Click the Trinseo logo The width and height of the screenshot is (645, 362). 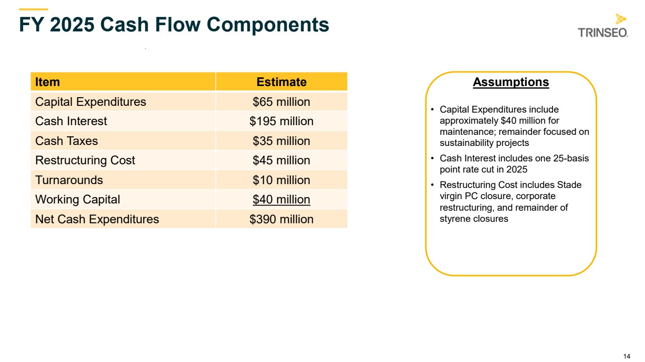click(603, 26)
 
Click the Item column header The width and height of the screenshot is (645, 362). click(47, 82)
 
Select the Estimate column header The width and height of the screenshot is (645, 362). click(281, 82)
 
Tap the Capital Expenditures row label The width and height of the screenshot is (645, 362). click(90, 102)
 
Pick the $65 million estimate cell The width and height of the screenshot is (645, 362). click(281, 102)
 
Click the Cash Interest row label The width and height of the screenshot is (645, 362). click(71, 121)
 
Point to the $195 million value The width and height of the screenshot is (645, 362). click(281, 121)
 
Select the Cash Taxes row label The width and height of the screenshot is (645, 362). click(66, 141)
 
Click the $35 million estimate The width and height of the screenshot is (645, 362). click(281, 141)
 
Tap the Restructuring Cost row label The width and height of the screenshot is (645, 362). click(85, 160)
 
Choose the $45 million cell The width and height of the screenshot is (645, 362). click(281, 160)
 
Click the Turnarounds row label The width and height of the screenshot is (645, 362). click(69, 180)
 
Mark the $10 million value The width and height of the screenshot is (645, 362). click(281, 180)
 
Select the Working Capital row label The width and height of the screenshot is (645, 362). click(77, 200)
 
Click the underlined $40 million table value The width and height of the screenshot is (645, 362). click(281, 200)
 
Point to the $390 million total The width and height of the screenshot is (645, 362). click(281, 219)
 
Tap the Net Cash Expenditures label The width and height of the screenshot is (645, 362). click(97, 219)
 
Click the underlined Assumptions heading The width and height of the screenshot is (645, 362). click(511, 82)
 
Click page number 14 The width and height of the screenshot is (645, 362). click(627, 356)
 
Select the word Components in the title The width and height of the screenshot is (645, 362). click(268, 25)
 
